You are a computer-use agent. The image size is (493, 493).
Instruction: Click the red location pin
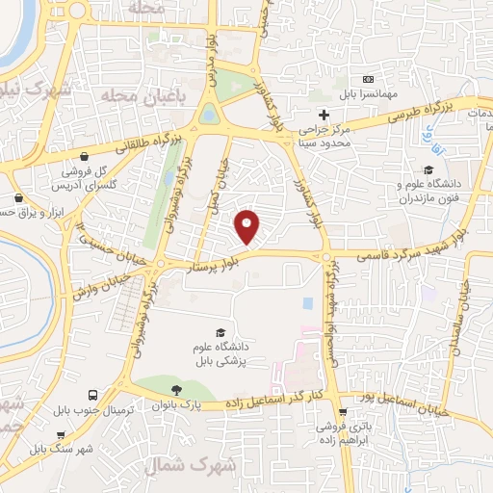click(248, 226)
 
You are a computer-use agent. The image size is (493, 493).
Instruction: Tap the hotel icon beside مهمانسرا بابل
click(367, 79)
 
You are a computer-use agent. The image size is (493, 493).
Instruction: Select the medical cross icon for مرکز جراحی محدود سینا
click(324, 116)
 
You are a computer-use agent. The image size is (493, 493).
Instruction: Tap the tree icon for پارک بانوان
click(176, 390)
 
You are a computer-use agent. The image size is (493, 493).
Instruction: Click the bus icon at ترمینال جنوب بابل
click(92, 396)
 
